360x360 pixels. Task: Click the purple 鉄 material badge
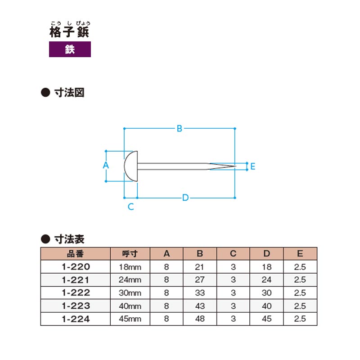[x=70, y=49]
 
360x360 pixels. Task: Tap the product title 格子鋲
[x=69, y=31]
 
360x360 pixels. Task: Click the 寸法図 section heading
[x=69, y=93]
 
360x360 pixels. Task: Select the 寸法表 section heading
[x=69, y=239]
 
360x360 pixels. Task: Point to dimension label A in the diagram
[x=106, y=165]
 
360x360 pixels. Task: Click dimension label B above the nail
[x=179, y=129]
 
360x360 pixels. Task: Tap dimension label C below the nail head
[x=130, y=207]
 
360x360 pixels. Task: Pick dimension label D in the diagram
[x=185, y=198]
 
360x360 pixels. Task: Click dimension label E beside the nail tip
[x=253, y=166]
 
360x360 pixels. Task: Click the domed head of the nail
[x=131, y=166]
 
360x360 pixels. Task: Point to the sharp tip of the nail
[x=236, y=166]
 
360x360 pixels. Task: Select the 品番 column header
[x=75, y=254]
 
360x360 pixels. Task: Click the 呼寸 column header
[x=130, y=254]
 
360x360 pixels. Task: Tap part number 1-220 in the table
[x=76, y=267]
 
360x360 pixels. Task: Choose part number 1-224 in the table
[x=76, y=319]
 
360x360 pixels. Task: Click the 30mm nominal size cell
[x=130, y=293]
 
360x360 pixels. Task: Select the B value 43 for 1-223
[x=200, y=306]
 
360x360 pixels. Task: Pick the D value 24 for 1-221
[x=266, y=279]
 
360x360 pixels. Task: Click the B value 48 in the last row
[x=200, y=319]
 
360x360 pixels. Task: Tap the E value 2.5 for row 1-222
[x=300, y=293]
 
